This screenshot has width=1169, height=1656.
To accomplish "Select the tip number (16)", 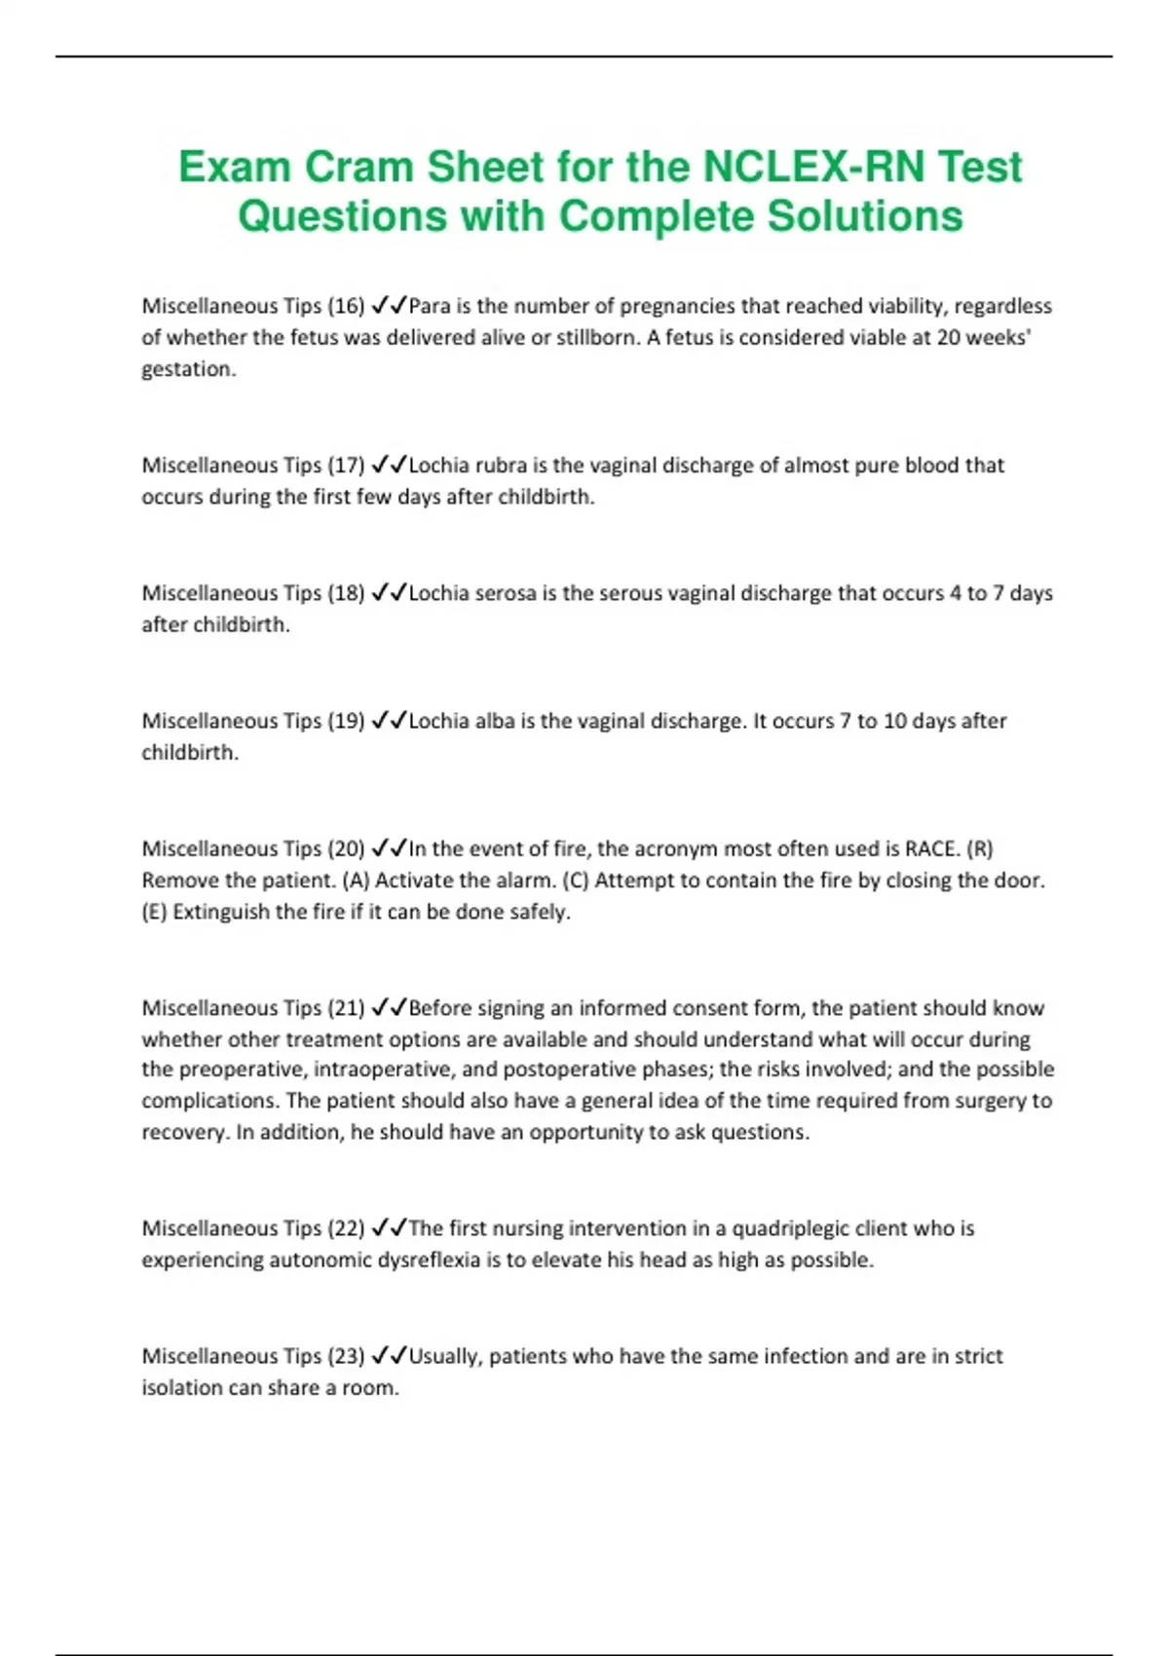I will pos(346,306).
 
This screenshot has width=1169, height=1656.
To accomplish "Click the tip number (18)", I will pos(346,592).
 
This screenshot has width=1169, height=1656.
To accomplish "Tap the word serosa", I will pos(505,592).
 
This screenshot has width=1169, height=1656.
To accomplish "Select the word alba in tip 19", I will pos(494,721).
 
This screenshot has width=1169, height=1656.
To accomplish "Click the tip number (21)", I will pos(346,1007).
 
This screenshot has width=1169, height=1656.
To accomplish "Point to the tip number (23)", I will pos(346,1355).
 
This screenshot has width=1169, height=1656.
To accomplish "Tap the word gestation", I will pos(188,369).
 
